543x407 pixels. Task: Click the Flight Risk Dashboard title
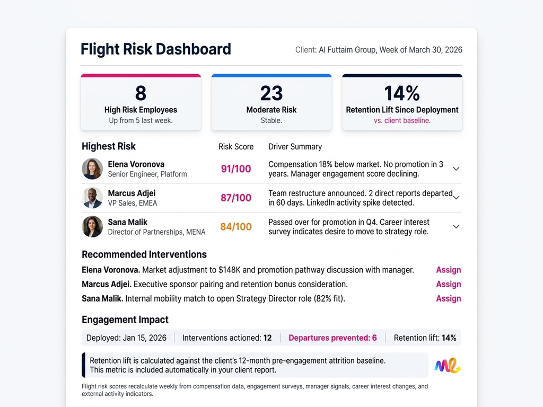click(x=155, y=49)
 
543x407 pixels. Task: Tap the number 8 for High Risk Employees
click(x=141, y=93)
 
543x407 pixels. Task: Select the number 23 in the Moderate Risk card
click(x=271, y=93)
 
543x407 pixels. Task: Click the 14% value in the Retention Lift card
click(x=402, y=93)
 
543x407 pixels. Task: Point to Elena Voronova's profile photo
click(x=92, y=169)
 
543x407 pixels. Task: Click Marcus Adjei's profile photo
click(x=92, y=198)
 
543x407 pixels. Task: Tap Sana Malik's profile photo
click(x=92, y=226)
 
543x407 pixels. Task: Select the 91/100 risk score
click(x=236, y=169)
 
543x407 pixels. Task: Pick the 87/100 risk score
click(x=236, y=198)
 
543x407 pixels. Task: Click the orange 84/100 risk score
click(x=236, y=227)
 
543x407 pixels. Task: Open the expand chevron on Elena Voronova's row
click(x=456, y=169)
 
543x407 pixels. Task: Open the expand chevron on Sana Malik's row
click(x=456, y=226)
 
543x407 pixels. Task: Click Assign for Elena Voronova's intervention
click(x=448, y=270)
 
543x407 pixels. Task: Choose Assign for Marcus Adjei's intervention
click(x=448, y=284)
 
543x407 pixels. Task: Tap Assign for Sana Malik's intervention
click(x=448, y=298)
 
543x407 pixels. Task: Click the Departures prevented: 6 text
click(x=332, y=338)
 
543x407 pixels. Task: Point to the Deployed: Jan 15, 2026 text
click(x=126, y=338)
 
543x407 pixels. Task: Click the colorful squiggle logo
click(x=447, y=365)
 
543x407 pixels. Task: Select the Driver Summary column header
click(x=295, y=147)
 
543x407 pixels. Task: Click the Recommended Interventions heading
click(x=144, y=254)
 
